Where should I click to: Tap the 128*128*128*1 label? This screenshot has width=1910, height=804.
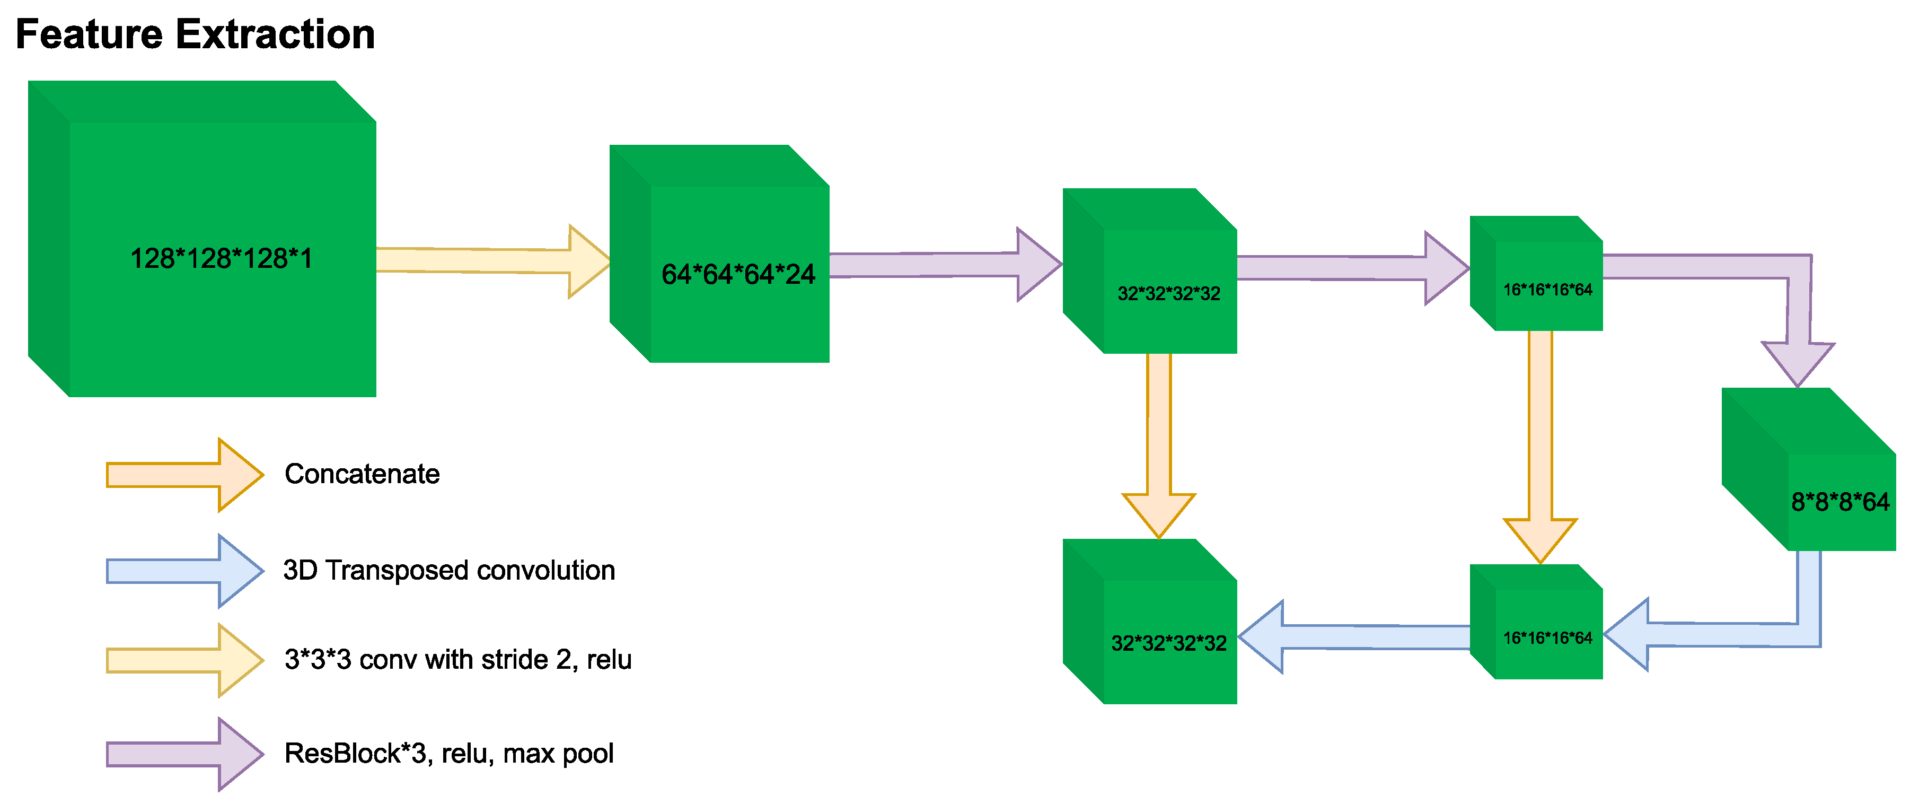tap(221, 259)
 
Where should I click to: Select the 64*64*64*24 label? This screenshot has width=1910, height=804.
tap(738, 274)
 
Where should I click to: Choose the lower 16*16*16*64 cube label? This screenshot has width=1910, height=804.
tap(1547, 638)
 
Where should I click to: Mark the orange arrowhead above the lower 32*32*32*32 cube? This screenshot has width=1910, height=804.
tap(1158, 513)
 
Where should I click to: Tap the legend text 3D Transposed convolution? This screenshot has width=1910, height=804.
tap(448, 570)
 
